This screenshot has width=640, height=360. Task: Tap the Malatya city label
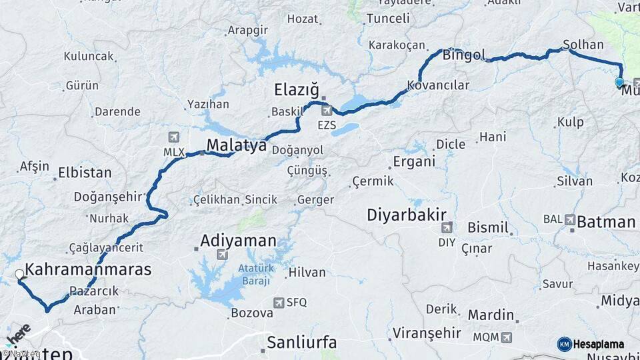click(x=236, y=145)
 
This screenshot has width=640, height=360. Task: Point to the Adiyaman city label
click(x=238, y=241)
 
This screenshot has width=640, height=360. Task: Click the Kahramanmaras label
click(x=89, y=270)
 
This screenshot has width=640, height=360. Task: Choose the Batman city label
click(x=605, y=222)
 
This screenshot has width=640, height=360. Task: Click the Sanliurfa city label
click(x=302, y=343)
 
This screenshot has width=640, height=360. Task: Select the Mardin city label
click(x=491, y=315)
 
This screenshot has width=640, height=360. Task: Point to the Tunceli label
click(x=388, y=19)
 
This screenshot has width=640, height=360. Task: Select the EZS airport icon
click(x=327, y=110)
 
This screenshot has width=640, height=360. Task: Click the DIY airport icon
click(x=447, y=227)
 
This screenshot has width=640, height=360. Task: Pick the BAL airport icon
click(x=569, y=219)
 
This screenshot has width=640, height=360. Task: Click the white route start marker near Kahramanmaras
click(x=20, y=274)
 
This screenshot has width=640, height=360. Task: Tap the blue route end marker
click(x=619, y=83)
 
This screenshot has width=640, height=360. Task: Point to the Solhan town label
click(x=583, y=45)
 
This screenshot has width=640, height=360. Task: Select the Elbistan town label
click(x=85, y=173)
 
